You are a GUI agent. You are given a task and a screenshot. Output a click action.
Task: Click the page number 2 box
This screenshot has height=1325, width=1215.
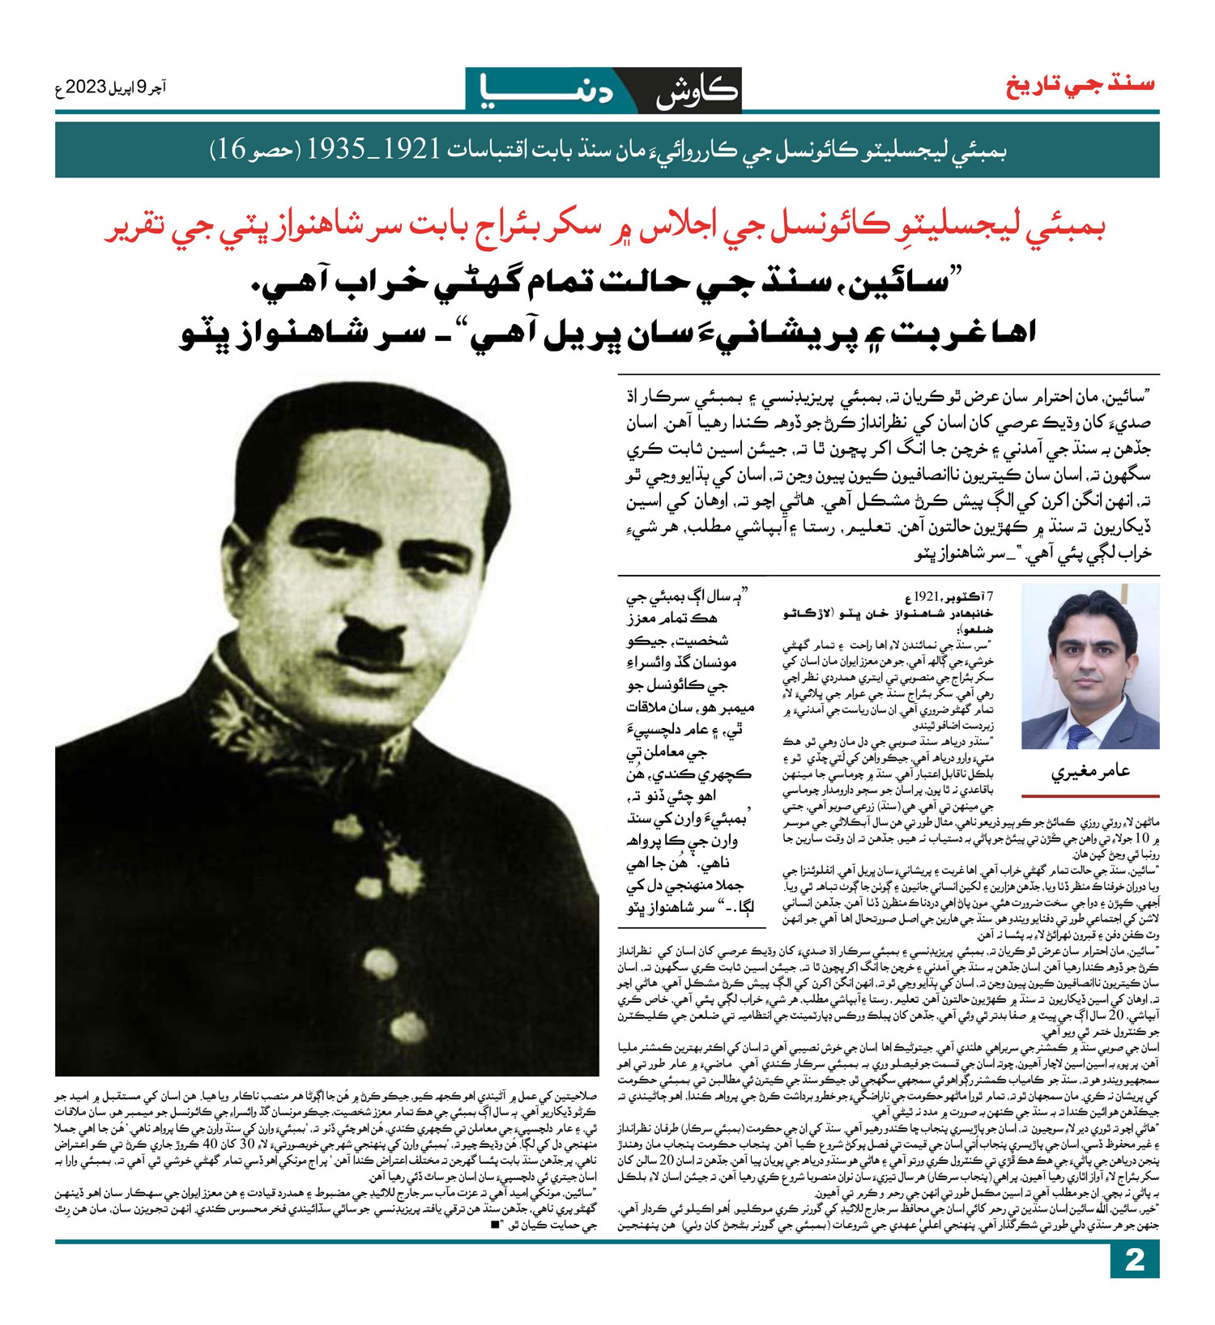[x=1134, y=1260]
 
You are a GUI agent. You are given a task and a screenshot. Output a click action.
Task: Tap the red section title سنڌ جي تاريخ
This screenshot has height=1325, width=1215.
[x=1081, y=85]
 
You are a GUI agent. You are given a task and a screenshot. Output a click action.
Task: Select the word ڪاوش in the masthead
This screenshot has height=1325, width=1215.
[x=697, y=92]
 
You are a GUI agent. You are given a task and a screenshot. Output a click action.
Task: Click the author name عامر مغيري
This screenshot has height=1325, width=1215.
[x=1090, y=772]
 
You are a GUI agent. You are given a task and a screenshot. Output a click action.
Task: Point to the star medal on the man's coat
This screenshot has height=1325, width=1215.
[x=403, y=873]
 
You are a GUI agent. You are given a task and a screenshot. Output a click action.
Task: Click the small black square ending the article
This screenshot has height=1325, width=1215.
[x=494, y=1225]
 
